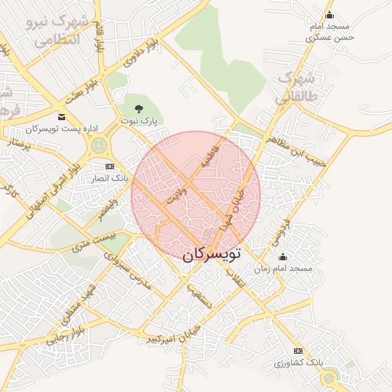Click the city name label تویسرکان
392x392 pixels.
coord(211,252)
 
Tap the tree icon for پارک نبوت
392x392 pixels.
coord(139,109)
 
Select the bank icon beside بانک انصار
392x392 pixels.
coord(109,166)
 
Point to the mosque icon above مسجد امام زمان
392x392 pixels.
coord(283,256)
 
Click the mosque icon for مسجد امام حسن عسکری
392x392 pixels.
coord(330,15)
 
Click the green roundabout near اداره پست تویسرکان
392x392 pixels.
coord(98,145)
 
